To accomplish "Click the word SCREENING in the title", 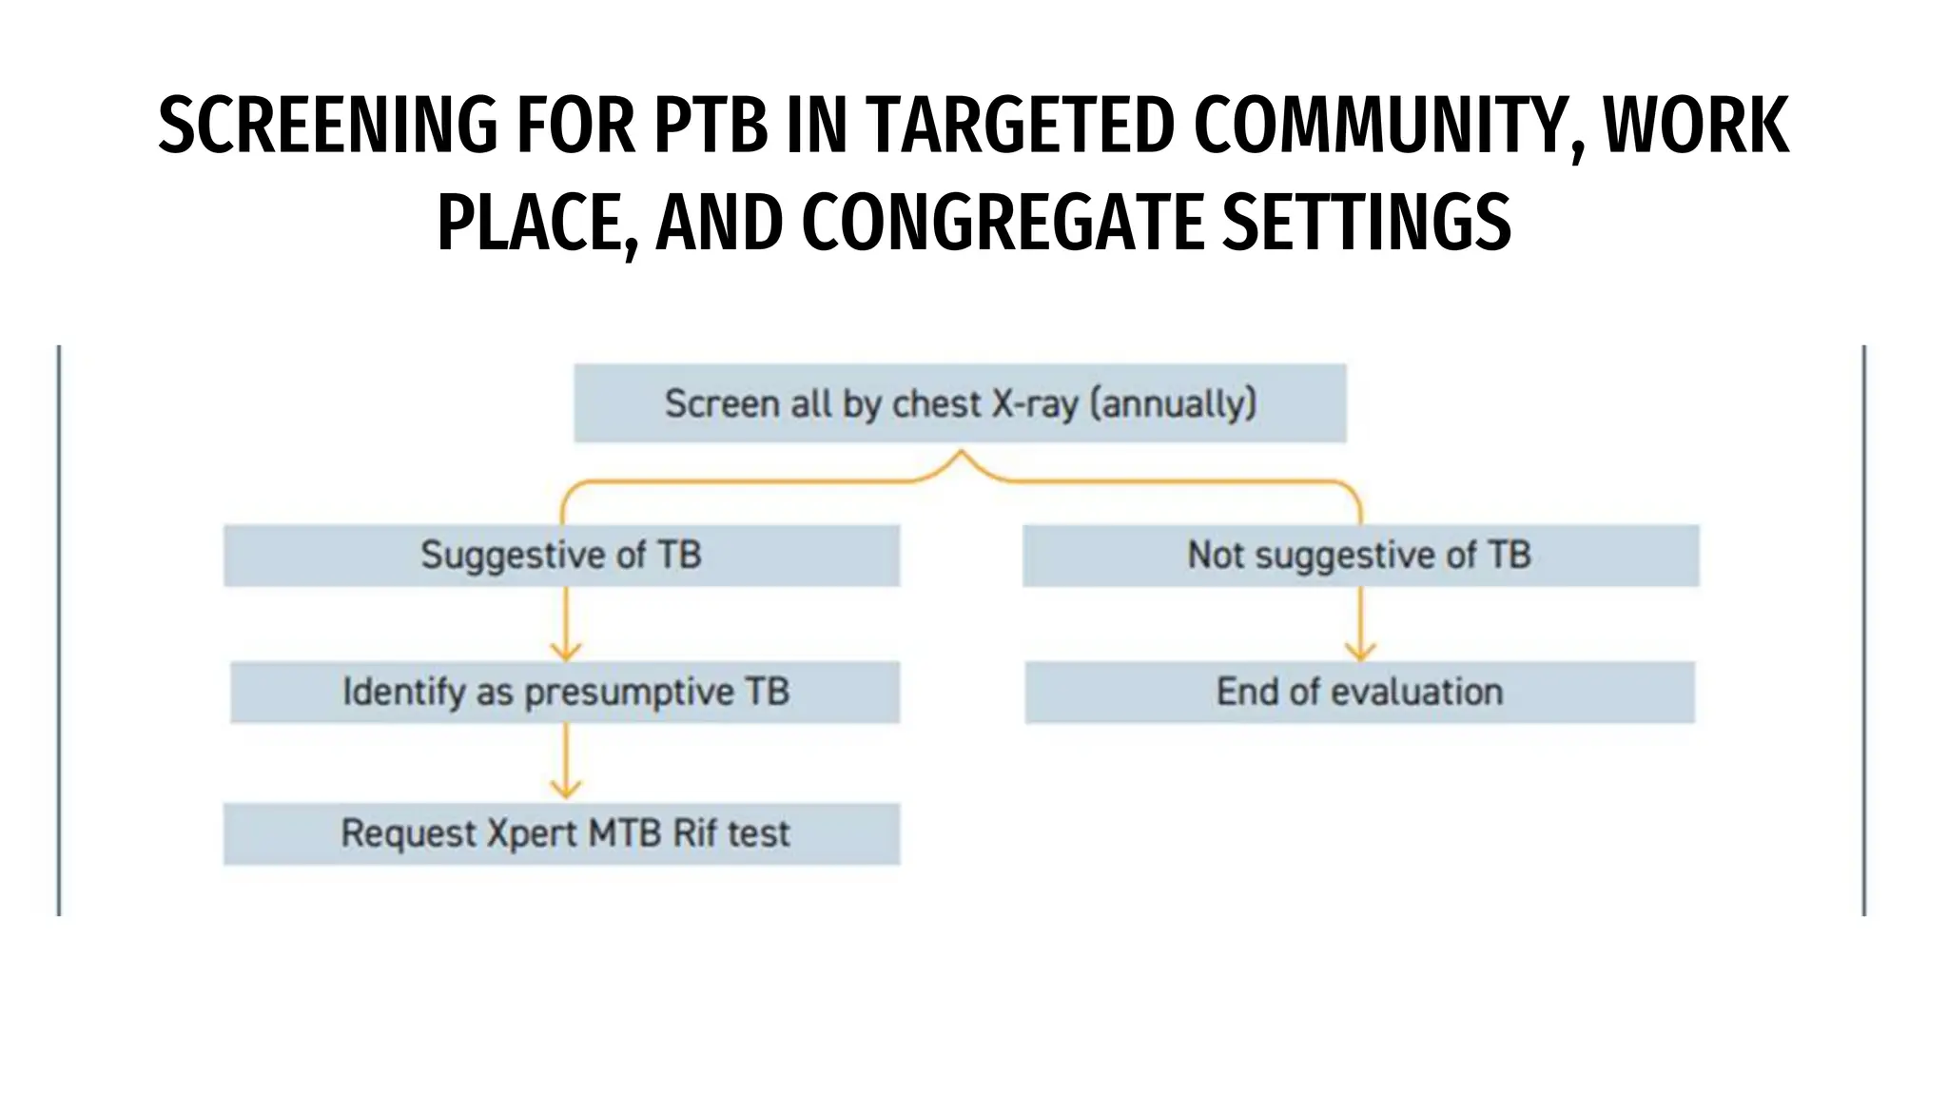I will (x=327, y=126).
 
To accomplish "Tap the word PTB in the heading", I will (x=711, y=126).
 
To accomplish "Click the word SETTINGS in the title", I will (x=1366, y=223).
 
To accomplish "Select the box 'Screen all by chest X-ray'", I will (x=960, y=403).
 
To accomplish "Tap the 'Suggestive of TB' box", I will (x=561, y=555).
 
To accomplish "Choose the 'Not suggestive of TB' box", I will (x=1360, y=555).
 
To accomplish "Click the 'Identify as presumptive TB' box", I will (x=565, y=692).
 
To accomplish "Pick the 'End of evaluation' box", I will (x=1359, y=692).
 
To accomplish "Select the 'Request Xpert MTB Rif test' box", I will (x=561, y=833).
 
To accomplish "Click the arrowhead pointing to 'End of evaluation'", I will (x=1360, y=653).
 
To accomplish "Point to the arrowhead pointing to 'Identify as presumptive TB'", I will (x=566, y=653).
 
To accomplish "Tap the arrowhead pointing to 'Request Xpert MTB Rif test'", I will (x=566, y=790).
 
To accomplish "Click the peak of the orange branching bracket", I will (x=961, y=455).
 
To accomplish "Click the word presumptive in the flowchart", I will (x=629, y=692).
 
